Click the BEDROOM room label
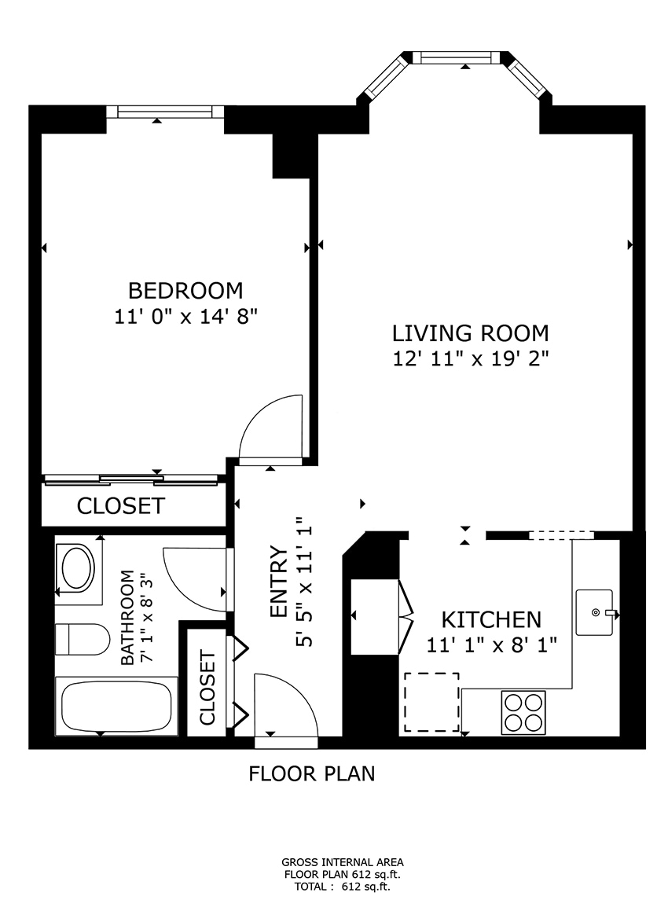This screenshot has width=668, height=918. (x=185, y=291)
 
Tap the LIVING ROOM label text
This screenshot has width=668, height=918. (x=470, y=332)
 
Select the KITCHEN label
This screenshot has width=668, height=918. (x=491, y=619)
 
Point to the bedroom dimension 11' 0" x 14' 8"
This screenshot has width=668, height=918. (x=185, y=317)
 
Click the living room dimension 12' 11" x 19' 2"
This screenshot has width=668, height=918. (x=470, y=359)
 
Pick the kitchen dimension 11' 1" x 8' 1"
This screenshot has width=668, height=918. (x=491, y=645)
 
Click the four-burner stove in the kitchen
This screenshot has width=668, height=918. (x=523, y=712)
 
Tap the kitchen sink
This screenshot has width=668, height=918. (x=596, y=611)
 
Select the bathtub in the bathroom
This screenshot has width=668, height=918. (x=116, y=705)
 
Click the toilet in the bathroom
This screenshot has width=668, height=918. (x=85, y=639)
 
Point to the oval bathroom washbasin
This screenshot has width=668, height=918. (x=77, y=568)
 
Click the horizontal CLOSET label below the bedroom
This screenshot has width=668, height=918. (x=121, y=506)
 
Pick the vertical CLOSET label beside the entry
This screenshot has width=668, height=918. (x=207, y=688)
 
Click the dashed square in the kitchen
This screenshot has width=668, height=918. (x=431, y=702)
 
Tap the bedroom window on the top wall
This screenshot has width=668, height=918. (x=165, y=112)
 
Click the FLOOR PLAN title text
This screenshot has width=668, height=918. (x=312, y=774)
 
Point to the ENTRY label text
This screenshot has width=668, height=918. (x=278, y=582)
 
